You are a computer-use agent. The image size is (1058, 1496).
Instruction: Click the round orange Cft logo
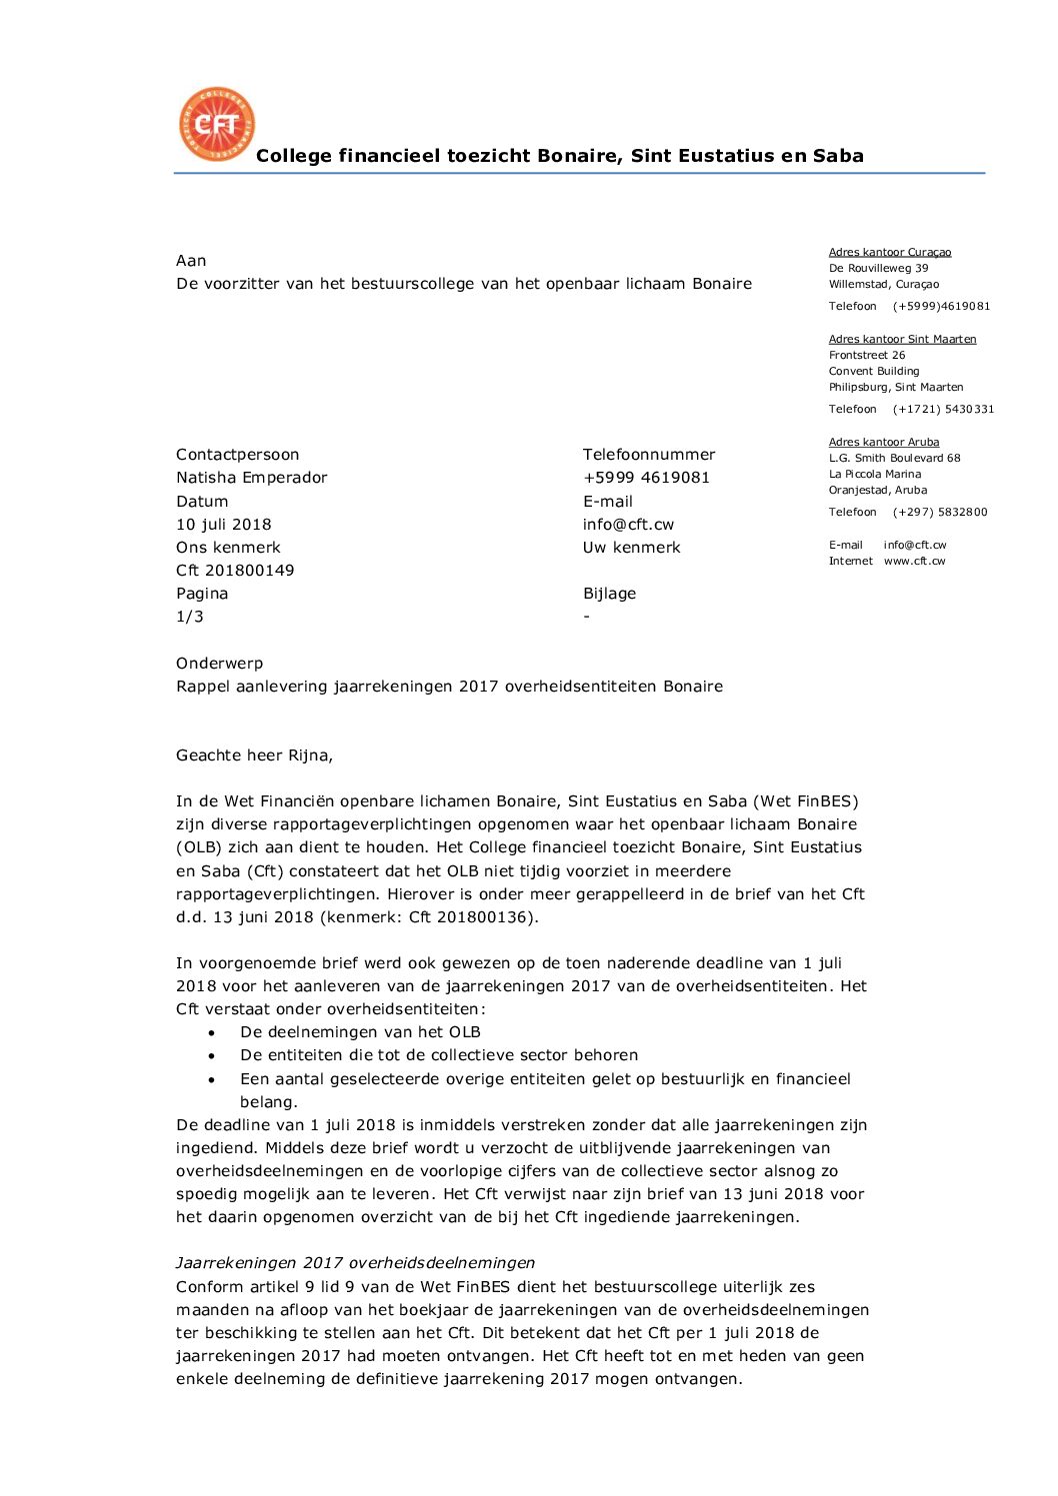click(217, 124)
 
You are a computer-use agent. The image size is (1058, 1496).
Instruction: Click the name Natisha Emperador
click(252, 478)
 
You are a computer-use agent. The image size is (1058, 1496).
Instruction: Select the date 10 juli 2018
click(224, 525)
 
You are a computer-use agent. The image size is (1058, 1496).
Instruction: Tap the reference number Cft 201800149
click(235, 571)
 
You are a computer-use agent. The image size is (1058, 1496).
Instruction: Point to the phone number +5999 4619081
click(646, 478)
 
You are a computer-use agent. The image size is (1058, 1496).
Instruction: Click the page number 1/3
click(190, 617)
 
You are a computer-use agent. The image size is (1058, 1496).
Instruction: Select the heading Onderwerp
click(220, 664)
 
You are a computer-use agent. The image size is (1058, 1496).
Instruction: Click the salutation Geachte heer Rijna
click(254, 755)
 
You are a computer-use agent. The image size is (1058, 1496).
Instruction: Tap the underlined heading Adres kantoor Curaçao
click(890, 253)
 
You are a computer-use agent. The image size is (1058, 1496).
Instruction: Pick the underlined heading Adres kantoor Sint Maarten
click(902, 340)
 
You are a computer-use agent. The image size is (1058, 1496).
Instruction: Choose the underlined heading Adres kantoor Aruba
click(884, 443)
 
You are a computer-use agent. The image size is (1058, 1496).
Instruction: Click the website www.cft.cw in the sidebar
click(914, 562)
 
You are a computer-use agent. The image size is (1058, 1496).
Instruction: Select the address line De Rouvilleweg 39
click(878, 269)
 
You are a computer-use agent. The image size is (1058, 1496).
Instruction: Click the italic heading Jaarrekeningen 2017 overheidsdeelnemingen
click(355, 1263)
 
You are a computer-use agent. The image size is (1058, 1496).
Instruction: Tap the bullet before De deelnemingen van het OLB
click(212, 1033)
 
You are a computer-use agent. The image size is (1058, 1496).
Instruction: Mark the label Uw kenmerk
click(632, 548)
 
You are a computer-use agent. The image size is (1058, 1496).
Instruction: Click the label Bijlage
click(610, 594)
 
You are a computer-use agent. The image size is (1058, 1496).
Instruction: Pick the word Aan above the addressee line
click(191, 261)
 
